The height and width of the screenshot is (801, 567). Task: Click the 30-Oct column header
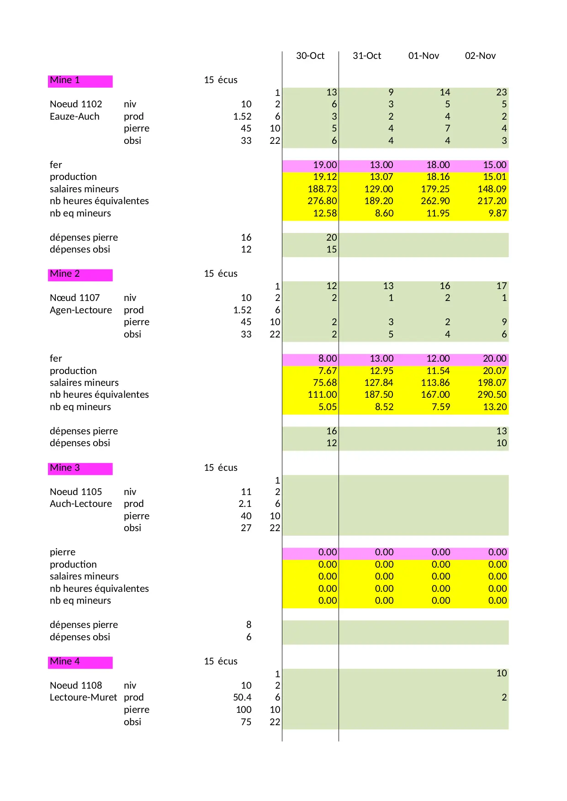310,56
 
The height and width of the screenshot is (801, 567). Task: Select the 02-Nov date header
480,56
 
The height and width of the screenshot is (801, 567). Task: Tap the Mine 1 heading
65,80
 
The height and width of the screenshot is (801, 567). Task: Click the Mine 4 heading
65,661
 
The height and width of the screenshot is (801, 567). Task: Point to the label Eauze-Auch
74,116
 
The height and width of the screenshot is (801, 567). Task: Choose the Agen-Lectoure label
81,310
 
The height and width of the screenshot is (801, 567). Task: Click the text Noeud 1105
76,492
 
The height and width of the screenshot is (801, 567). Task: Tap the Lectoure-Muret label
83,697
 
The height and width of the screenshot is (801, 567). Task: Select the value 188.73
322,189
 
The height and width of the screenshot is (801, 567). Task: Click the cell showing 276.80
322,201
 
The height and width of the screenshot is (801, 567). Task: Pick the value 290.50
492,395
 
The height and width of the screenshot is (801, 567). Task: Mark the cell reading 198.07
492,383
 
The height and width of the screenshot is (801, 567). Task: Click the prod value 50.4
242,697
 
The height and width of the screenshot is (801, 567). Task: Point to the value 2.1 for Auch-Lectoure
245,504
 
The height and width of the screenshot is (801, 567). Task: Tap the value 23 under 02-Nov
501,92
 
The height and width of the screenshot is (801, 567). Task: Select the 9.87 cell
498,213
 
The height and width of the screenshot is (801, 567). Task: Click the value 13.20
495,407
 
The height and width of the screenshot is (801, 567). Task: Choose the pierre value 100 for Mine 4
244,710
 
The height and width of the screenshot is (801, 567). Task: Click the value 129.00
379,189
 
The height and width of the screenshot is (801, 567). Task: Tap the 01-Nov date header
424,56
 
